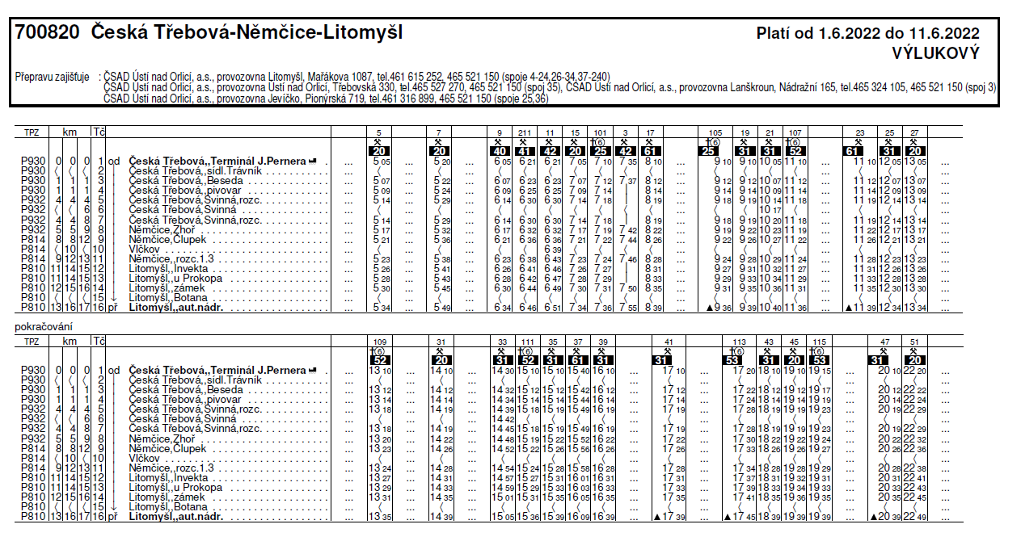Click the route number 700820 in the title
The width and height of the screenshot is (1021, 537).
47,33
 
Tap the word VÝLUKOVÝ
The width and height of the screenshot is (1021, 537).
936,54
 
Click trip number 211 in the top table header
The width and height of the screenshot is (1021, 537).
526,132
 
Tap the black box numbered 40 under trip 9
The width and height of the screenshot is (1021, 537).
501,151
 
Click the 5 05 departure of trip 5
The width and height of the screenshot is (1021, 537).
382,162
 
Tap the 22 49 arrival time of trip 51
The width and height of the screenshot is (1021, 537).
914,517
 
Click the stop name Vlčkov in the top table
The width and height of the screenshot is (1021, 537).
143,250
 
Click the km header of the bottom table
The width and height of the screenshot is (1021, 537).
70,342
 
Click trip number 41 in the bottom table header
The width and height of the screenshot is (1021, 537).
668,342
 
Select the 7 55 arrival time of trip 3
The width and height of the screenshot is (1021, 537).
627,308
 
